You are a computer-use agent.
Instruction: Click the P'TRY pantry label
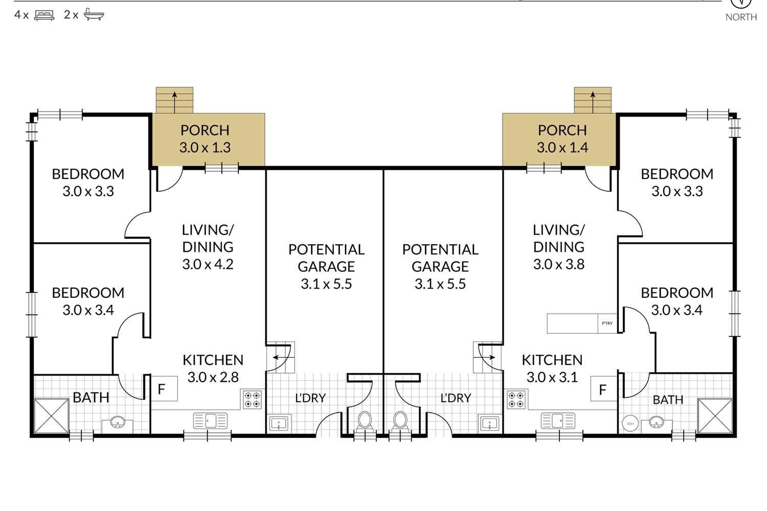point(607,323)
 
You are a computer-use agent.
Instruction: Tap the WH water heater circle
point(630,424)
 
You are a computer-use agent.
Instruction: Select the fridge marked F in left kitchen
point(164,388)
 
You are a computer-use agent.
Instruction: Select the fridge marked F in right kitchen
point(604,388)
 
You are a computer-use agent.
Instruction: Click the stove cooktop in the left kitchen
point(253,400)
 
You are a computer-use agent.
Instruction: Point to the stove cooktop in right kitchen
point(516,400)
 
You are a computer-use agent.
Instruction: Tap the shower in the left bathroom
point(51,416)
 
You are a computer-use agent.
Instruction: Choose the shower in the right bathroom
point(715,416)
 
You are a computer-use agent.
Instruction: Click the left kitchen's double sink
point(210,421)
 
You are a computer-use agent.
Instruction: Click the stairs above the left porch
point(175,100)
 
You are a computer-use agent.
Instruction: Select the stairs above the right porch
point(593,100)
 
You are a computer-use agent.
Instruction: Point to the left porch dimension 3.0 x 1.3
point(205,148)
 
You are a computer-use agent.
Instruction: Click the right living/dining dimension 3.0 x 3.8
point(559,264)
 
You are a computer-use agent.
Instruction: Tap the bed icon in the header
point(44,15)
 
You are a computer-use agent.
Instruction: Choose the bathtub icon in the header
point(94,15)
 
